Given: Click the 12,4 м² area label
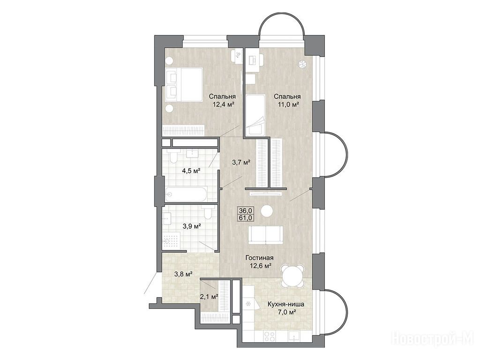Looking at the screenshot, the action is pyautogui.click(x=224, y=105).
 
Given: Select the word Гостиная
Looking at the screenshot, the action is pyautogui.click(x=260, y=258).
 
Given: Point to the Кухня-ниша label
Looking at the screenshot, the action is pyautogui.click(x=286, y=305).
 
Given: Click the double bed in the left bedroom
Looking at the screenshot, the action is pyautogui.click(x=184, y=84).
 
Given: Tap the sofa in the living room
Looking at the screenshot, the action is pyautogui.click(x=266, y=235).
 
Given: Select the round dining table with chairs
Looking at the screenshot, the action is pyautogui.click(x=292, y=275).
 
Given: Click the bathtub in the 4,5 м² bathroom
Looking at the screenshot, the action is pyautogui.click(x=187, y=194).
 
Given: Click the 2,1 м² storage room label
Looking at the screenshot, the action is pyautogui.click(x=209, y=296).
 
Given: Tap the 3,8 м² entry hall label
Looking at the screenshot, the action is pyautogui.click(x=183, y=274).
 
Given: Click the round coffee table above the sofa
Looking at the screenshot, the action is pyautogui.click(x=267, y=211).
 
